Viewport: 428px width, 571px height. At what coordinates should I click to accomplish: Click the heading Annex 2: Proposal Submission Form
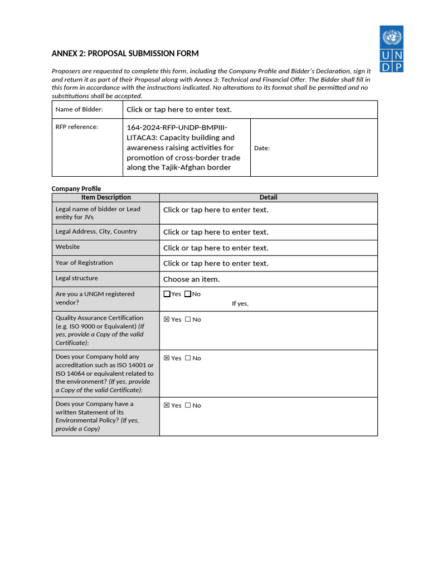125,54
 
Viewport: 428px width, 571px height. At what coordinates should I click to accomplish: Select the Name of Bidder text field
179,109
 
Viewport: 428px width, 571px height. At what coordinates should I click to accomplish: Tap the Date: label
262,148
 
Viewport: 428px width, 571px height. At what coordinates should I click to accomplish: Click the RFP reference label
76,127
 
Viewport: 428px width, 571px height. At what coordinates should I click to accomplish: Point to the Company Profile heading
76,188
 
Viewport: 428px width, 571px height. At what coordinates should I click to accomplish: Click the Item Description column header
106,197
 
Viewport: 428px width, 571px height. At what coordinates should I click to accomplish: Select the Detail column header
268,197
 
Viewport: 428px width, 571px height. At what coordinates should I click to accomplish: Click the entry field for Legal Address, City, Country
216,232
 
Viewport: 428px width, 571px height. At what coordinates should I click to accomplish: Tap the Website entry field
216,248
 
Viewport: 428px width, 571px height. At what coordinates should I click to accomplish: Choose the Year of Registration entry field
216,263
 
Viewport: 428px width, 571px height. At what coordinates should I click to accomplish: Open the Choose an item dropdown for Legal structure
191,279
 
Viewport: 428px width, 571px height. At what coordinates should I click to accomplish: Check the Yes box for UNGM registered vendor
167,294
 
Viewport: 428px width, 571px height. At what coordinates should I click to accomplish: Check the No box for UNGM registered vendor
188,294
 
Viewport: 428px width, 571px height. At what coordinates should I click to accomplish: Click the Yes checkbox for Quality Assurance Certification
167,320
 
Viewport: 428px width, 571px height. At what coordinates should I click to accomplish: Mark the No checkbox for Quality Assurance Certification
188,320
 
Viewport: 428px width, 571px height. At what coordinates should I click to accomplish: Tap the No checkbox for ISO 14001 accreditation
188,358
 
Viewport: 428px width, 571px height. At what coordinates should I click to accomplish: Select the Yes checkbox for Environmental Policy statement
167,405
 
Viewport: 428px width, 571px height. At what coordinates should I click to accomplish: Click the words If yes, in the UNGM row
240,303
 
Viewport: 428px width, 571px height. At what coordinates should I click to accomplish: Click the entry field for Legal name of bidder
216,210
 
